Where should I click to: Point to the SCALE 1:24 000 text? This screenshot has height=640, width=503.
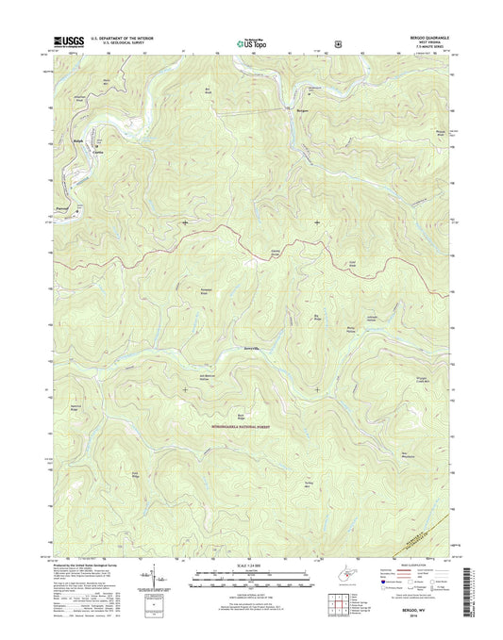(x=250, y=566)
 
